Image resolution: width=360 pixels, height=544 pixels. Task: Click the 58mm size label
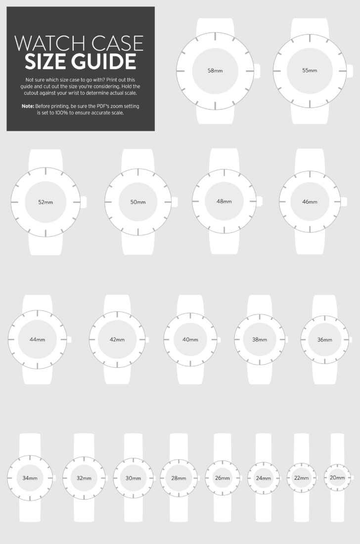click(215, 71)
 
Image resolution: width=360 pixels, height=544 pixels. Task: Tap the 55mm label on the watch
click(310, 70)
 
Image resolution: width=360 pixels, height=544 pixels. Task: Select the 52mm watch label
click(45, 202)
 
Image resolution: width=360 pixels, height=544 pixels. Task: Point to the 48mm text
click(224, 201)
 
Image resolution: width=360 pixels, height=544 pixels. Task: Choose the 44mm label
click(37, 339)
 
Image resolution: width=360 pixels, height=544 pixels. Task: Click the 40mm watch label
click(190, 339)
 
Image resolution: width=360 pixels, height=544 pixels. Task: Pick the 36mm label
click(324, 340)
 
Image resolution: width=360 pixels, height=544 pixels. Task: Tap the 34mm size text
click(30, 478)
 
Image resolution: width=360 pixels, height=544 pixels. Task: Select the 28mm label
click(179, 478)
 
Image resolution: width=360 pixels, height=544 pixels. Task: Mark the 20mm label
click(337, 478)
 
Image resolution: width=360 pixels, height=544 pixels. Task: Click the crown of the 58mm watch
click(257, 71)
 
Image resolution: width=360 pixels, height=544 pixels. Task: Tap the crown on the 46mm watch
click(344, 202)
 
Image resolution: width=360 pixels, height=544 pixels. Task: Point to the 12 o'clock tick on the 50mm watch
click(138, 173)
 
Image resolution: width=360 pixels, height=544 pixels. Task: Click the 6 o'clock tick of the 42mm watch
click(117, 364)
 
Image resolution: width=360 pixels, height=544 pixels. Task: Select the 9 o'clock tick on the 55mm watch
click(277, 71)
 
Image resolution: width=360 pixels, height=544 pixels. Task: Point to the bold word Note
click(28, 106)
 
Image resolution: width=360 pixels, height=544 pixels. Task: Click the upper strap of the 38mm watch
click(260, 305)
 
